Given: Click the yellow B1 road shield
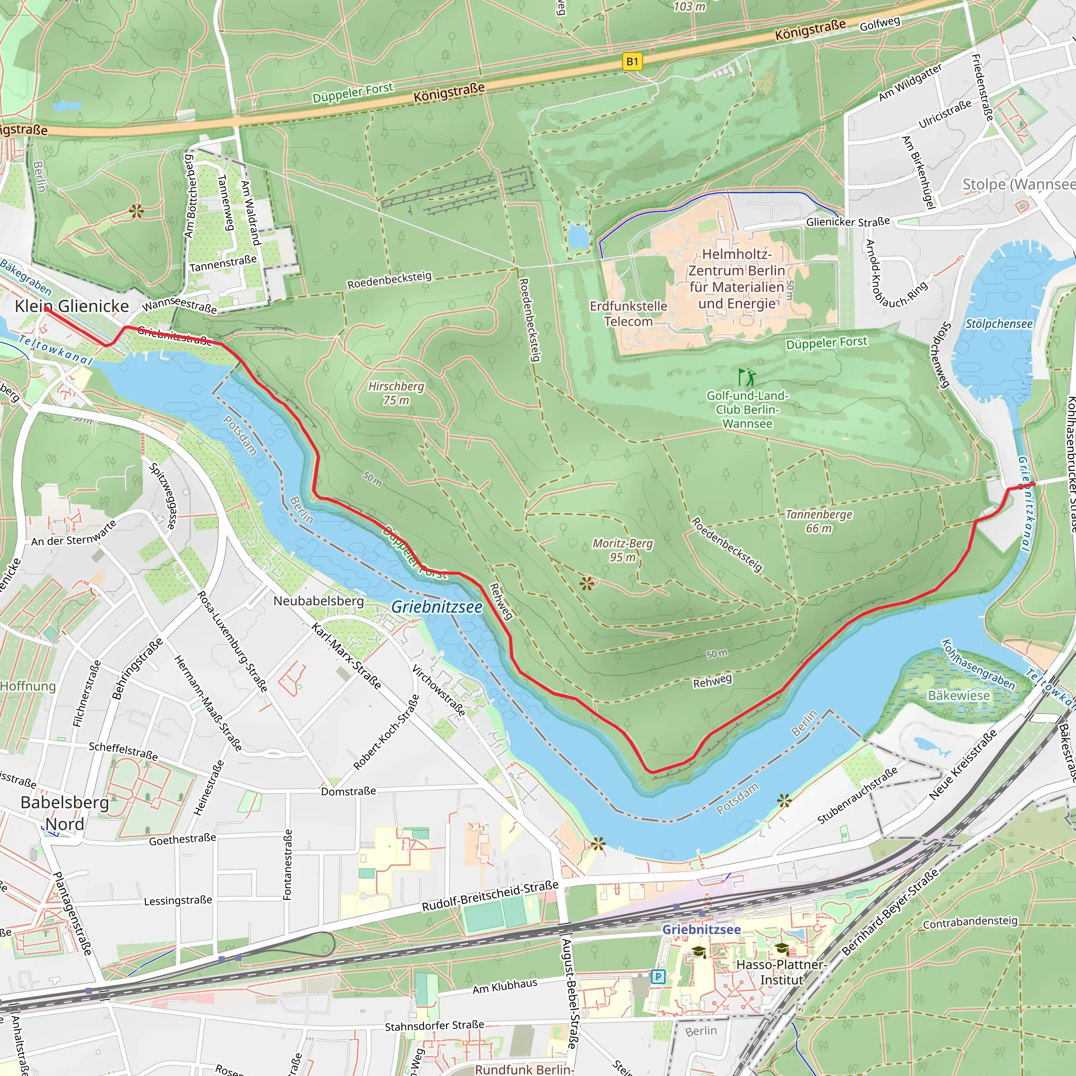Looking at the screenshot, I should [x=632, y=62].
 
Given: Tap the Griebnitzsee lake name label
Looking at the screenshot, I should [x=437, y=607].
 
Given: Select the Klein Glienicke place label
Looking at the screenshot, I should [x=72, y=306].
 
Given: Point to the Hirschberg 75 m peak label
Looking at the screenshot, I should [x=396, y=393].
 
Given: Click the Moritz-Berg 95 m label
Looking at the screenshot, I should [x=622, y=550].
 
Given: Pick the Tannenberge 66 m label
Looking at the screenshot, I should [x=818, y=521].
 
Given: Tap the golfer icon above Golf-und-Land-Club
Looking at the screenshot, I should [x=747, y=377].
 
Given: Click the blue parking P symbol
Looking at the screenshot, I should [x=658, y=976].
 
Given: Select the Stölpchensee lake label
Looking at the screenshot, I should [x=999, y=324].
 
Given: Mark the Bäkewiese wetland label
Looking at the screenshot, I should [x=958, y=695].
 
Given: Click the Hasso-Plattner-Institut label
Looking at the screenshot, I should [x=781, y=972].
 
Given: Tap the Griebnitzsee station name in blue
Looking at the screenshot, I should [x=701, y=929].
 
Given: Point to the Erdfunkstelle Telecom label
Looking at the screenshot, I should [x=628, y=314].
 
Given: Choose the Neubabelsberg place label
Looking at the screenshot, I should [x=318, y=601].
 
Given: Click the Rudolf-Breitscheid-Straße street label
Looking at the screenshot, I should [x=490, y=896].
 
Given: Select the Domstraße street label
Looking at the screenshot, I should [x=348, y=791].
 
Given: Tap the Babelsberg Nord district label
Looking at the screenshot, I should [x=65, y=813].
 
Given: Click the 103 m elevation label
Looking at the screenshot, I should [x=689, y=7].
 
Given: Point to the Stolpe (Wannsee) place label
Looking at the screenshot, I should [x=1018, y=184].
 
